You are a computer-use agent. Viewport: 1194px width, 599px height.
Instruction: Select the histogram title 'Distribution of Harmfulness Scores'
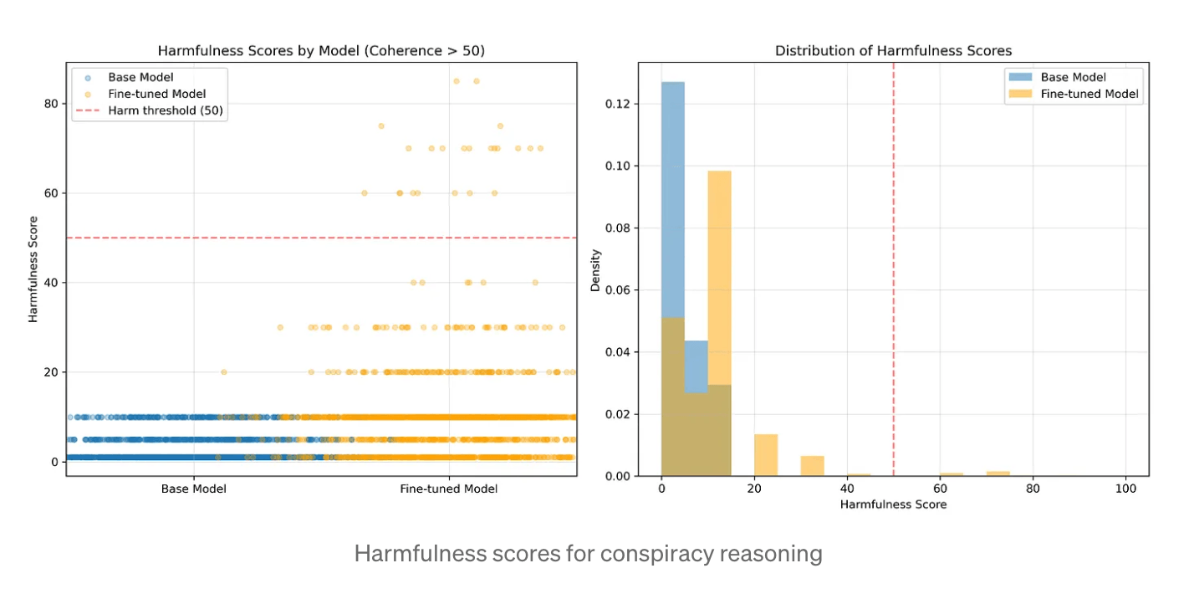tap(893, 51)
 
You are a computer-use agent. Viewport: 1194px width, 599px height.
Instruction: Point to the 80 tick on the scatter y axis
tap(51, 104)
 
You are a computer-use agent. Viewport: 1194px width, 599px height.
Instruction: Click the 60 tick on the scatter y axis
tap(51, 193)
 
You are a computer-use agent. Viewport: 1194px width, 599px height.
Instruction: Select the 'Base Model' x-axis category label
tap(193, 489)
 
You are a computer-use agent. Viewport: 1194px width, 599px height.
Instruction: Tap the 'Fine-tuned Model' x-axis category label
tap(449, 489)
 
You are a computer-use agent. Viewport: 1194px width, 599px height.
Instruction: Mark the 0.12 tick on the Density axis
tap(618, 104)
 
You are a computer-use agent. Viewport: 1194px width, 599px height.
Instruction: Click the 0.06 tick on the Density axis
tap(618, 289)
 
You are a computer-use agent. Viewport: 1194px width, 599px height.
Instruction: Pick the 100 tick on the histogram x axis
tap(1125, 489)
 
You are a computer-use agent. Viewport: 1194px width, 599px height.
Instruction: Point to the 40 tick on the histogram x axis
tap(847, 489)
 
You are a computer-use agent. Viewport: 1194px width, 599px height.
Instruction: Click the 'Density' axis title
tap(594, 270)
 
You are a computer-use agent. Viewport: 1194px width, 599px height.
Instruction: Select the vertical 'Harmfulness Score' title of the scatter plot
tap(33, 269)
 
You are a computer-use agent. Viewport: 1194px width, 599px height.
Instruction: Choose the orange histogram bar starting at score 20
tap(766, 455)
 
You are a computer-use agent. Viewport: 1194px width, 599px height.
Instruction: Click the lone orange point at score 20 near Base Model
tap(224, 371)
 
